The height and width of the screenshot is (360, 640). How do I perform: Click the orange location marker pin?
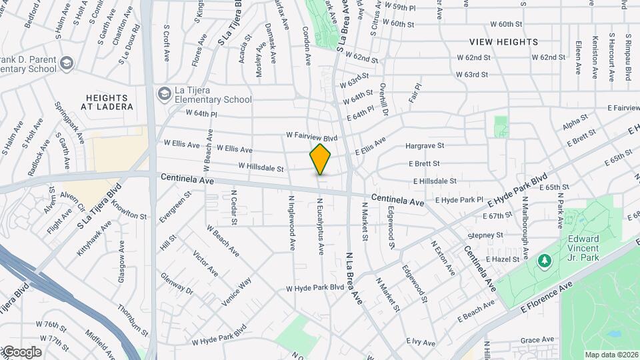pyautogui.click(x=320, y=159)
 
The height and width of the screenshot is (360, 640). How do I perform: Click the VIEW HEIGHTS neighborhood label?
pyautogui.click(x=504, y=42)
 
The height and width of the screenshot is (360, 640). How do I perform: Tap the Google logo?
pyautogui.click(x=22, y=352)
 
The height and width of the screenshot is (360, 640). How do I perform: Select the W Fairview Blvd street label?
pyautogui.click(x=312, y=135)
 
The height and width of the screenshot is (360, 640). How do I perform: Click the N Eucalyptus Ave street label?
pyautogui.click(x=321, y=227)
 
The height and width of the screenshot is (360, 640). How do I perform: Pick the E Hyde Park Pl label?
pyautogui.click(x=459, y=199)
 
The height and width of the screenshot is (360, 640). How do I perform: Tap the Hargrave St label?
pyautogui.click(x=425, y=145)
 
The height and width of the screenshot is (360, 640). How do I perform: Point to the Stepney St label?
pyautogui.click(x=485, y=235)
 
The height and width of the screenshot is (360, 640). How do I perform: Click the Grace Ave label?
pyautogui.click(x=537, y=339)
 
